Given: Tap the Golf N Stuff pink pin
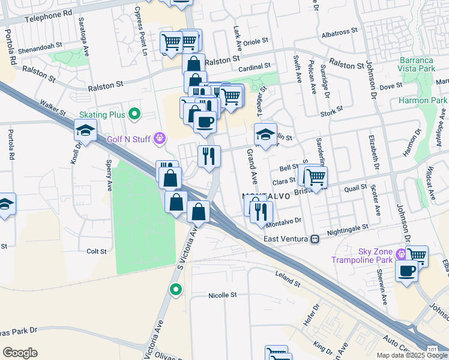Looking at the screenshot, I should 159,139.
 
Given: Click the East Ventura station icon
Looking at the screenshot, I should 314,239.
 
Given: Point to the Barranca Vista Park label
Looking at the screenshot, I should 425,64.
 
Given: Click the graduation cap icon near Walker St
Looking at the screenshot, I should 85,130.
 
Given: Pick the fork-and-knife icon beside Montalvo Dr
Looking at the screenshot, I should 262,212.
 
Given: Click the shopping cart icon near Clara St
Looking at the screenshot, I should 315,176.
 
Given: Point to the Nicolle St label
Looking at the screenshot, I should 223,295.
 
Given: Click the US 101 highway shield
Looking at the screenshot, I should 432,348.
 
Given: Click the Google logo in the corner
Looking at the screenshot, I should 20,353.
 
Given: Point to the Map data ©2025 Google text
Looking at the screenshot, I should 411,355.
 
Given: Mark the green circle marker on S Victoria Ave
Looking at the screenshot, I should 175,290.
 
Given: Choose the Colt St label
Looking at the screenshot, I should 96,251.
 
